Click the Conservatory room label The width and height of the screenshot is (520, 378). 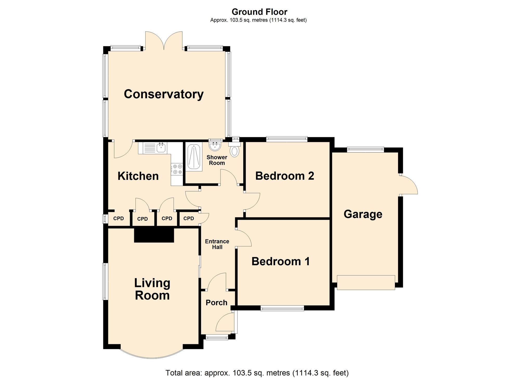pos(164,94)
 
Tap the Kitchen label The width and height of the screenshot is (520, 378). pos(138,176)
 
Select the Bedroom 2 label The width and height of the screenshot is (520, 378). pos(285,176)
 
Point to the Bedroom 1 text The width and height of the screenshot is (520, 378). pos(281,261)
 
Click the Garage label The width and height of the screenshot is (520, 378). pos(363,214)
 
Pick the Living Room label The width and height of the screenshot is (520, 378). pos(152,289)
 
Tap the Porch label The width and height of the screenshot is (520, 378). pos(217,303)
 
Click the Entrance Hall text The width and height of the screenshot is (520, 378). pos(217,244)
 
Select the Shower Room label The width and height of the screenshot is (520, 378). pos(217,160)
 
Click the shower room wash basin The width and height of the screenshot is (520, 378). pos(215,146)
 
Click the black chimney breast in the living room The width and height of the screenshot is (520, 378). pos(154,235)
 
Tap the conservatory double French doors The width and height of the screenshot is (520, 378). pos(164,41)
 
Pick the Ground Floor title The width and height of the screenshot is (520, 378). pos(259,12)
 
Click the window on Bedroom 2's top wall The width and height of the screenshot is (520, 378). pos(287,139)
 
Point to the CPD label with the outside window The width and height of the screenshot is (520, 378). pos(119,218)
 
